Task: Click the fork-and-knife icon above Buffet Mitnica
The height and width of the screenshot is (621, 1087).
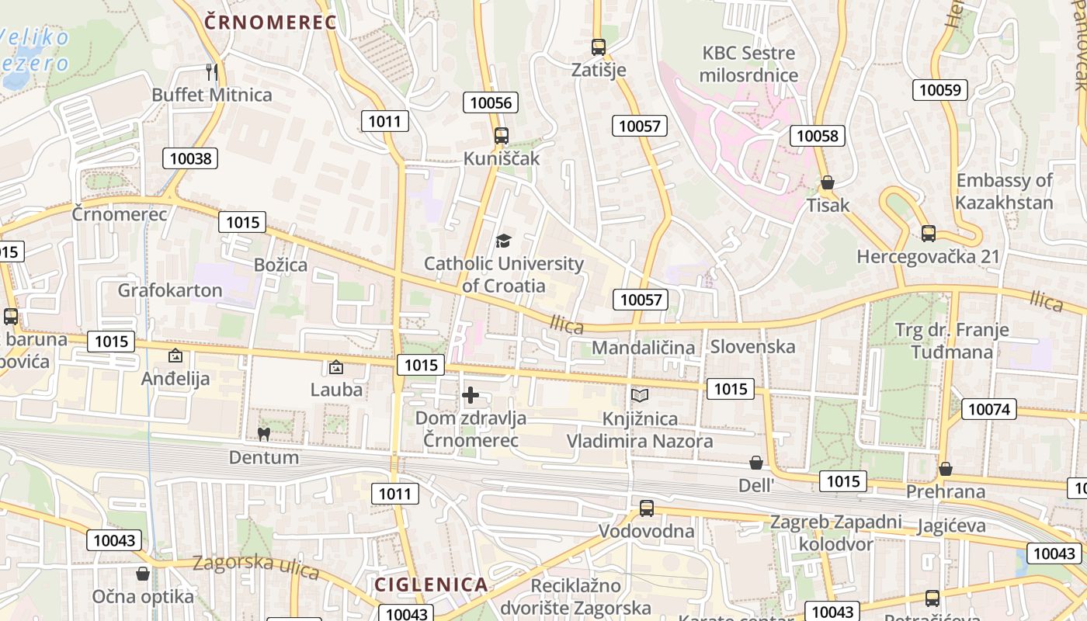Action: point(211,72)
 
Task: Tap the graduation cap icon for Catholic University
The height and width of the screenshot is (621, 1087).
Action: point(504,241)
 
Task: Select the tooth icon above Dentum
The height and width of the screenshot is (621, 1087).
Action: point(264,434)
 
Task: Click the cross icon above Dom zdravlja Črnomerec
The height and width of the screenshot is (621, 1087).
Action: point(471,395)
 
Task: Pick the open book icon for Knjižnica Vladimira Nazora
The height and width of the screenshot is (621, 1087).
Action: point(639,396)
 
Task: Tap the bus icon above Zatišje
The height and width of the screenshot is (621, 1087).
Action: point(598,47)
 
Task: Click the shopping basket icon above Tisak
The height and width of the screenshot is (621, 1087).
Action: point(828,182)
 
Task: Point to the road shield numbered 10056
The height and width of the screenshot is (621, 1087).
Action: point(491,102)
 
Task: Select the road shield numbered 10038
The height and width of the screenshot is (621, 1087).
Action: point(190,158)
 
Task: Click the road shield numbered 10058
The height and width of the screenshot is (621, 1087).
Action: point(818,136)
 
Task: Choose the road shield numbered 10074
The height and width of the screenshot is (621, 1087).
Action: point(989,408)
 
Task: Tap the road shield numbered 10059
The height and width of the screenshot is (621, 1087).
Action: point(940,89)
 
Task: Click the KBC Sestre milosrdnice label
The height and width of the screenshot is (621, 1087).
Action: point(748,64)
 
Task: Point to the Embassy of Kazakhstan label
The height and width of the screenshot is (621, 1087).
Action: point(1005,192)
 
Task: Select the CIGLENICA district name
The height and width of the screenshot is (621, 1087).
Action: point(431,585)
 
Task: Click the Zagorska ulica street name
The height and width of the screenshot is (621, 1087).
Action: point(255,566)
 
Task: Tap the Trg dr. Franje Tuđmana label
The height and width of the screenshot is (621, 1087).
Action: point(952,341)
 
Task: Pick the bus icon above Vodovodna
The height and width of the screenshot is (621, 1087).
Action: point(647,508)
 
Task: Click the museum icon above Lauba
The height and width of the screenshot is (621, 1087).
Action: point(336,366)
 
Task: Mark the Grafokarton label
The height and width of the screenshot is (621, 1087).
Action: point(170,290)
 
